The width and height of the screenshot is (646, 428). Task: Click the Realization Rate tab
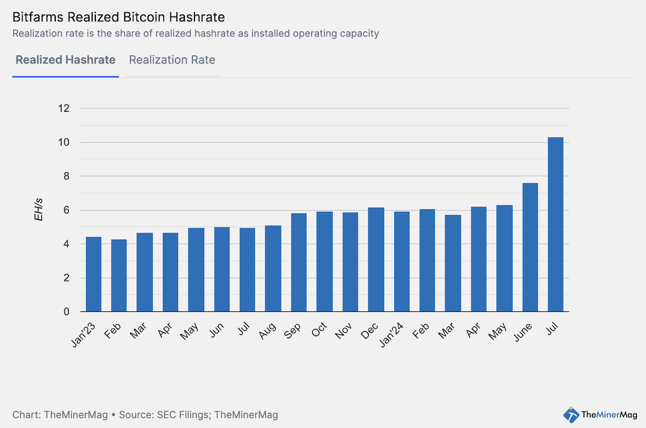tap(172, 60)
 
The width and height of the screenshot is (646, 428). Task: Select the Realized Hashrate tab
tap(65, 60)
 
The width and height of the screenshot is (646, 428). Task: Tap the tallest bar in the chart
tap(555, 225)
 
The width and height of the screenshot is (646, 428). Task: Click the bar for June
tap(530, 247)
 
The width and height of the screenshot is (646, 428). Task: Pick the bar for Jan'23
tap(94, 274)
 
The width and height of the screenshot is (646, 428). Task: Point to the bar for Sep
tap(299, 262)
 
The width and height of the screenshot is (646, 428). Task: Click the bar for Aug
tap(273, 269)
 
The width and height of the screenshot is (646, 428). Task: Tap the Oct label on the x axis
tap(319, 331)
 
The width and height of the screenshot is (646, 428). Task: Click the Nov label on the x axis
tap(344, 331)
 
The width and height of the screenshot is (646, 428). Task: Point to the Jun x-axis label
tap(217, 331)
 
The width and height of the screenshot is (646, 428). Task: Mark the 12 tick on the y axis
tap(64, 109)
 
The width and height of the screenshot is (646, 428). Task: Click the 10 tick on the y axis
tap(64, 142)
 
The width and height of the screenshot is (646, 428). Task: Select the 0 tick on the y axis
tap(66, 312)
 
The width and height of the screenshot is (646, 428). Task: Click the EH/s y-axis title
tap(39, 210)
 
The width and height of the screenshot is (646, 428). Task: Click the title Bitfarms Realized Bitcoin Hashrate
tap(118, 18)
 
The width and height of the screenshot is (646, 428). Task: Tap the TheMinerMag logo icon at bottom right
tap(571, 414)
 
